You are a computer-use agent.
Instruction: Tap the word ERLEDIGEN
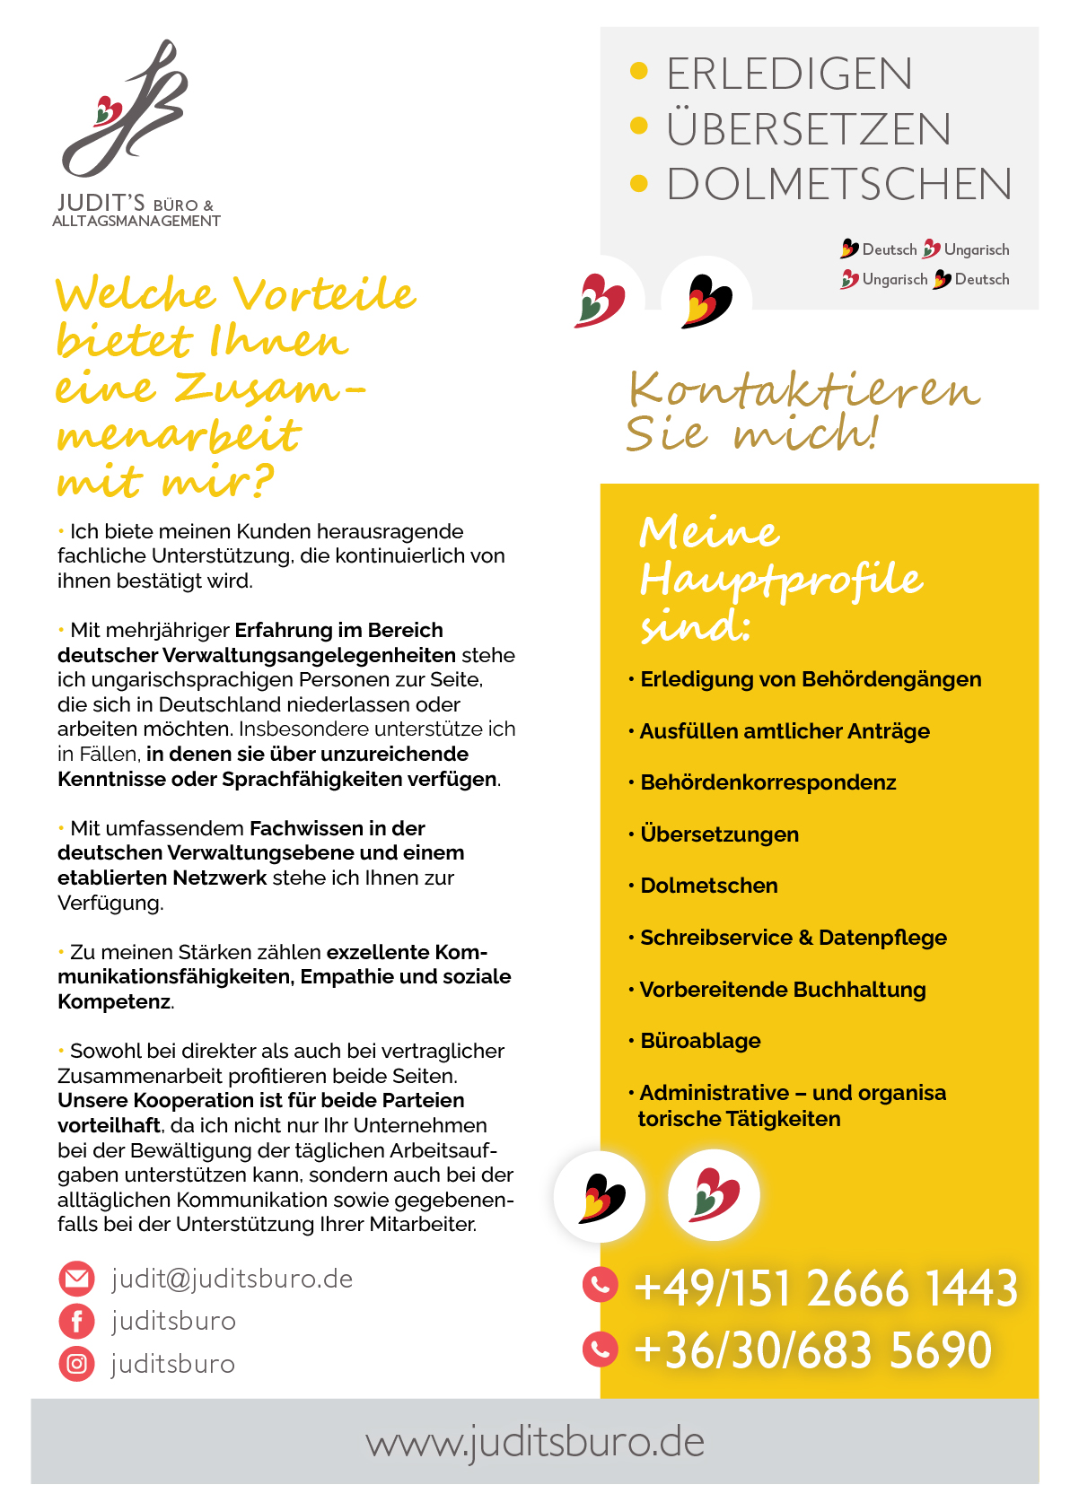[789, 74]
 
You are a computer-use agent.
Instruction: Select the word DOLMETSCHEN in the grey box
[839, 184]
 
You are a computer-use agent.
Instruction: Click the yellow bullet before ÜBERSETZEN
[639, 127]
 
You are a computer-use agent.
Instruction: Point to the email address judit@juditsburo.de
[232, 1279]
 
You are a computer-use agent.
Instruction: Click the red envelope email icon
[76, 1279]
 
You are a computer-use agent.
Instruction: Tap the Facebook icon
[76, 1321]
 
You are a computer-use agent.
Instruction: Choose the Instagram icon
[76, 1364]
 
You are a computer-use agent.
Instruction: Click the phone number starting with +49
[826, 1288]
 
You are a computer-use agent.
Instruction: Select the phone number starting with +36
[812, 1349]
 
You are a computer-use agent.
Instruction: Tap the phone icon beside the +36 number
[601, 1348]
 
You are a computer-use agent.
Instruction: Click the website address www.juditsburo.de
[535, 1442]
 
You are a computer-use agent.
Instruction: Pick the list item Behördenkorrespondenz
[767, 782]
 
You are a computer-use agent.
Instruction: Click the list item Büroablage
[700, 1041]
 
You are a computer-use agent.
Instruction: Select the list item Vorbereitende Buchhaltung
[782, 990]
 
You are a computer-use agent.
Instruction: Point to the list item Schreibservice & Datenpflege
[793, 938]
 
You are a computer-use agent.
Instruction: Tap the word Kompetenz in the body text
[114, 1001]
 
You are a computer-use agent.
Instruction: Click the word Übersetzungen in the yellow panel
[719, 834]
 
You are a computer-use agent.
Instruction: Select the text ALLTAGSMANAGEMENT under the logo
[136, 221]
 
